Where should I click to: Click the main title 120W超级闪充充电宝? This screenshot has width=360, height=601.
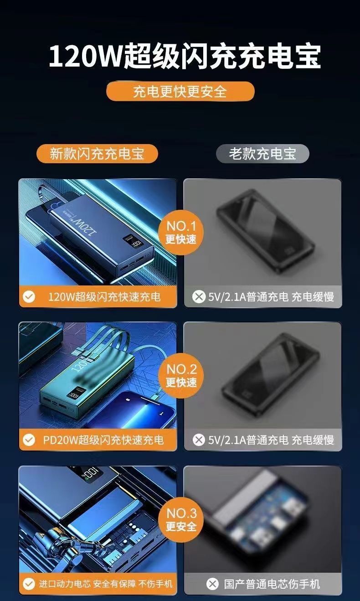185,57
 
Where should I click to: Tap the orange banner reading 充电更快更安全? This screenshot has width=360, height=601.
180,92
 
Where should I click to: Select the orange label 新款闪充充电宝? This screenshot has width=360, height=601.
97,154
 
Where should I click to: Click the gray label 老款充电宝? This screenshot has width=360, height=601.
262,154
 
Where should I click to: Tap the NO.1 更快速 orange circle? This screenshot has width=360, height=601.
181,233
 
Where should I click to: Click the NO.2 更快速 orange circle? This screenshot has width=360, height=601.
181,375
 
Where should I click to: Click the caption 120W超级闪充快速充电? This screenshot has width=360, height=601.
104,297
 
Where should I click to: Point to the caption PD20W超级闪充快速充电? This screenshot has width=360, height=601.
103,440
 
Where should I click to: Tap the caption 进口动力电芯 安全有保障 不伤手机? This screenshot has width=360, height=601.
106,584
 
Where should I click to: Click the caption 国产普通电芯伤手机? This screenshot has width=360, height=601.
272,584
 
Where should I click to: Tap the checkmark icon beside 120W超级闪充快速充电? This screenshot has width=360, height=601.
29,297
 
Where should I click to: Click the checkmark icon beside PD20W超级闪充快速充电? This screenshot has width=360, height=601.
29,440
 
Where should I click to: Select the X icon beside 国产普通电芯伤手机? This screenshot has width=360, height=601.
213,584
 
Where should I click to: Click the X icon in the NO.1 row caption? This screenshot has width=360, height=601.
199,297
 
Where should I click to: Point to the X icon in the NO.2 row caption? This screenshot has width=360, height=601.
199,440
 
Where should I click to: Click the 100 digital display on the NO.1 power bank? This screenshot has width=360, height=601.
137,244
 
